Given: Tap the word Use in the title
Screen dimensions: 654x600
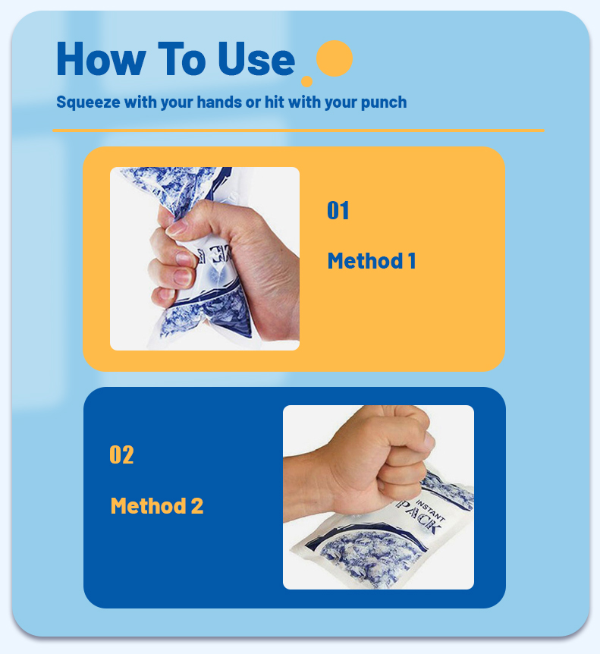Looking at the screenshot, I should (256, 59).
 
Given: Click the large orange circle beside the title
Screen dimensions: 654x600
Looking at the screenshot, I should (334, 58).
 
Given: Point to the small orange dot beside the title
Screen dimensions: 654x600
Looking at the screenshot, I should (306, 81).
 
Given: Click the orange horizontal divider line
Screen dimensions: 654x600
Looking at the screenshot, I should (298, 130).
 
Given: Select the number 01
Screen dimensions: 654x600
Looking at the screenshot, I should (338, 211).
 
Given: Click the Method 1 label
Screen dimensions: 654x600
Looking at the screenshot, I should (371, 261).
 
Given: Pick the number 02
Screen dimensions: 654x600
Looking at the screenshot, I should (121, 455).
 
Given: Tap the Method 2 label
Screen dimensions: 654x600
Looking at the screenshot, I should (157, 506).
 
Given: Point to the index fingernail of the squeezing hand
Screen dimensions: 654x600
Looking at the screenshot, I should (176, 226).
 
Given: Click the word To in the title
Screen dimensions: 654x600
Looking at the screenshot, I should (181, 59).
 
